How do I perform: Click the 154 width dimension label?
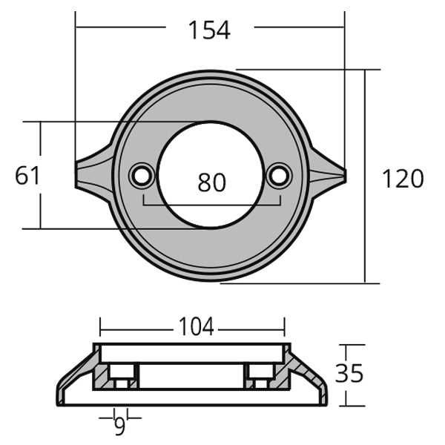tap(209, 30)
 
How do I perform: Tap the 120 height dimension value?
tap(403, 179)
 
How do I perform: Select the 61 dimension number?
tap(27, 176)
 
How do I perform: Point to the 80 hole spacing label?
tap(211, 182)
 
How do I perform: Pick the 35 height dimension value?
tap(349, 373)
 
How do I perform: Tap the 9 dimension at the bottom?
tap(118, 425)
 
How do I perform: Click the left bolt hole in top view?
tap(141, 176)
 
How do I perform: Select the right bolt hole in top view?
tap(279, 176)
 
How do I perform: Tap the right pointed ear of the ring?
tap(329, 175)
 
